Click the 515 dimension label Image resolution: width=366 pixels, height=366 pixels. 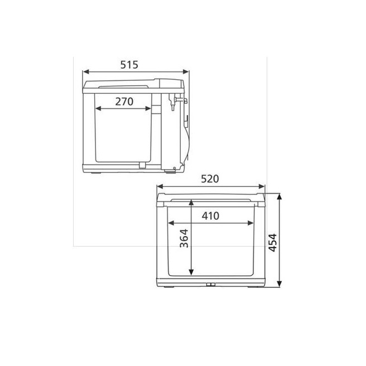[x=129, y=65]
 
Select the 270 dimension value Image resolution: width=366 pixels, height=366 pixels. [x=124, y=102]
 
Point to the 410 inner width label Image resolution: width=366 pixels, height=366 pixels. [x=211, y=215]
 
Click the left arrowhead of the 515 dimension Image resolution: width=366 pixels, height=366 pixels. [x=85, y=71]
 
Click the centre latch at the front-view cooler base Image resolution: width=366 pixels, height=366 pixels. [x=211, y=285]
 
